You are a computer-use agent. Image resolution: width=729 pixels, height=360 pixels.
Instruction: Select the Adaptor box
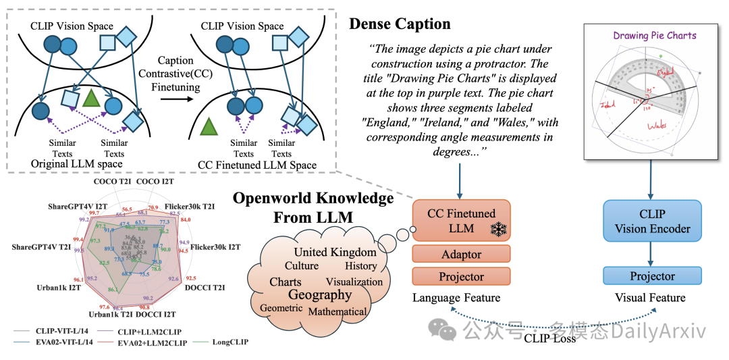462,255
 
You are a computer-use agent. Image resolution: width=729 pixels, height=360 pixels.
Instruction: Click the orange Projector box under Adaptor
462,277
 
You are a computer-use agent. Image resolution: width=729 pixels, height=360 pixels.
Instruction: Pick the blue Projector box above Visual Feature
652,276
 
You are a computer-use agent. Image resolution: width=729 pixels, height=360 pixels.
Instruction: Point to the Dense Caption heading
400,24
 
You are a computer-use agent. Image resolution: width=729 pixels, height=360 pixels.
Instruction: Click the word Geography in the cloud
320,294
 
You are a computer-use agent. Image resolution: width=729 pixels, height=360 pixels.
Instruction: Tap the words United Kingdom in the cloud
335,252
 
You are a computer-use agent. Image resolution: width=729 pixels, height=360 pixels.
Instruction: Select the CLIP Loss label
550,338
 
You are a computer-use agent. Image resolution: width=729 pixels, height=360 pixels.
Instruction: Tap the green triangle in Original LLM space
91,99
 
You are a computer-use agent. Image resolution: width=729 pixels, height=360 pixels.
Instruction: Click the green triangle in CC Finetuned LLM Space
210,126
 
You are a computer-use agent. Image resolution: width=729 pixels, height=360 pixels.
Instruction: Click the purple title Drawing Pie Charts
654,35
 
